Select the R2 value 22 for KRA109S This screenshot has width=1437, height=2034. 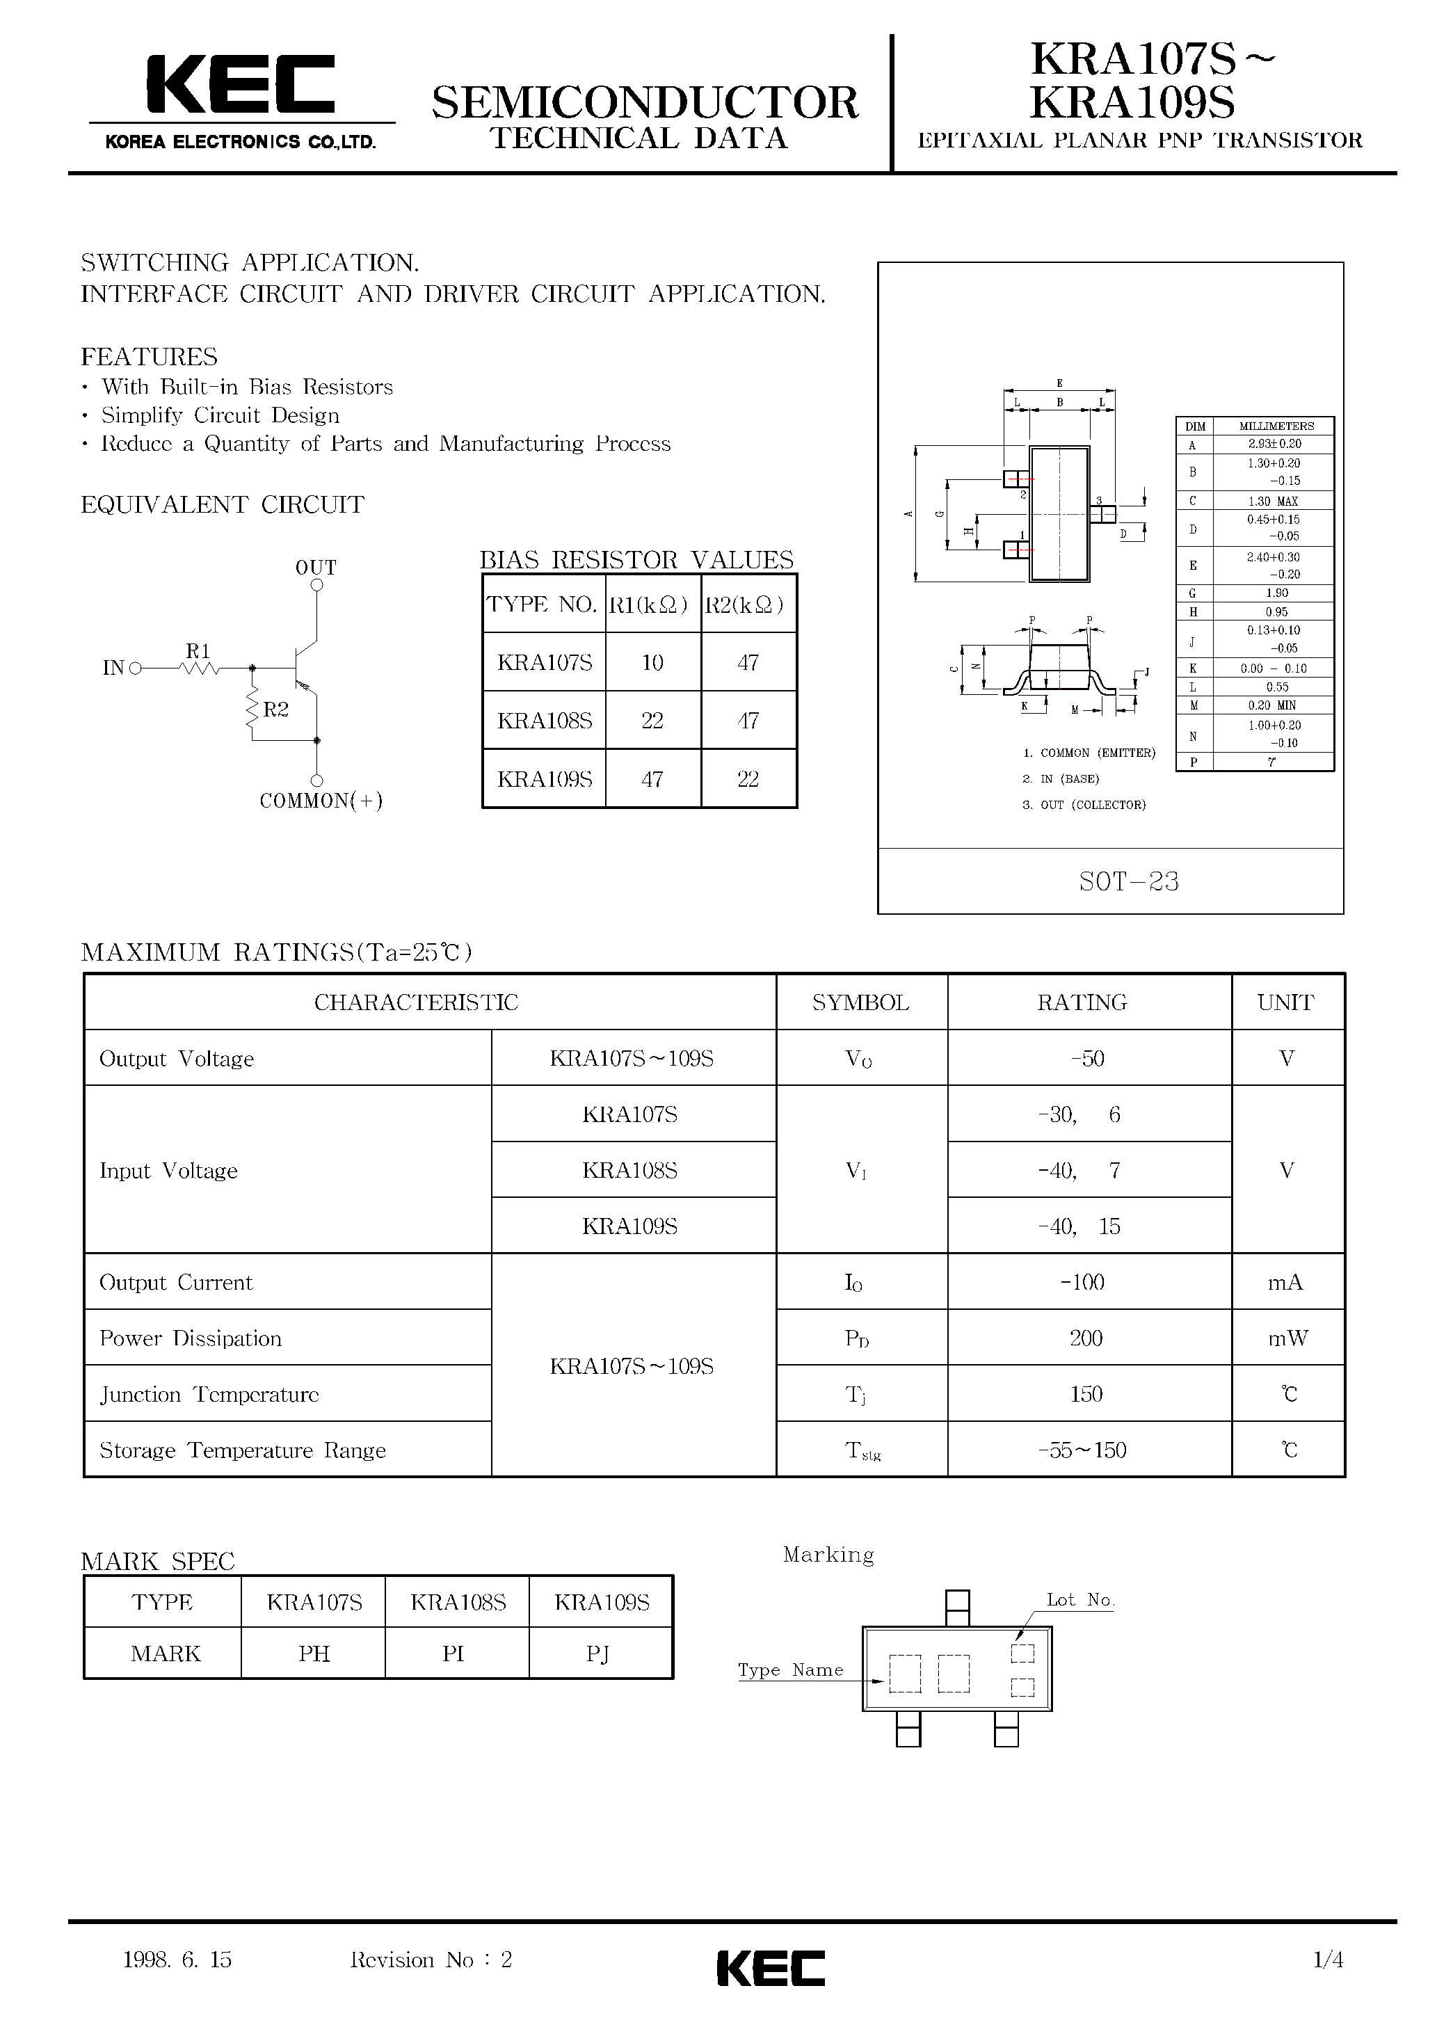[x=748, y=780]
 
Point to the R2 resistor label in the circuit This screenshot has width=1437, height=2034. [x=275, y=710]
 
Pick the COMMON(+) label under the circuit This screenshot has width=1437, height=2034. [x=321, y=801]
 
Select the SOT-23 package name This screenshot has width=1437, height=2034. [x=1129, y=881]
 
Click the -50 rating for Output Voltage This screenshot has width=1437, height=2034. [x=1087, y=1059]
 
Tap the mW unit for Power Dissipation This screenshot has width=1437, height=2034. [x=1287, y=1338]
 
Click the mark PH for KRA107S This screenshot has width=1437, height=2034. [x=314, y=1654]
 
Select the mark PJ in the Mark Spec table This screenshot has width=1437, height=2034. [x=598, y=1654]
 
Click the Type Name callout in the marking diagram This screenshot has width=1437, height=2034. [x=790, y=1670]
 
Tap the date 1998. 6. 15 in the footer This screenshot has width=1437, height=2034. [x=177, y=1960]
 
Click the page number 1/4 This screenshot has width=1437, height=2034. [x=1328, y=1960]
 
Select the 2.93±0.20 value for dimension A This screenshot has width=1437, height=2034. [x=1274, y=444]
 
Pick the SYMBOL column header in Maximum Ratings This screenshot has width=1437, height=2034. [x=860, y=1003]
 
